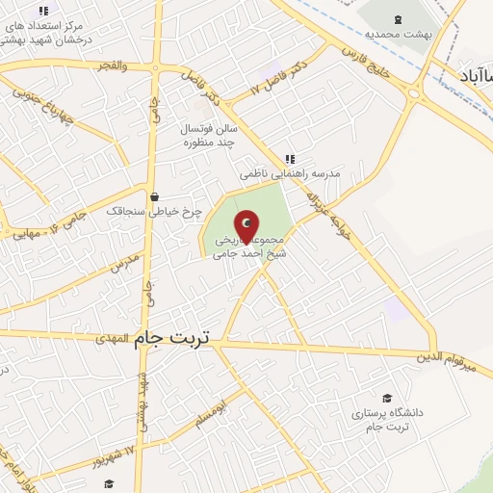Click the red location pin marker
247,227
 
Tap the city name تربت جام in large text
177,339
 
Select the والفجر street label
112,65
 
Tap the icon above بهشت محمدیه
398,18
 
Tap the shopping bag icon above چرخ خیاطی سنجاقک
154,196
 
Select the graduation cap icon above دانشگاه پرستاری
387,399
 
